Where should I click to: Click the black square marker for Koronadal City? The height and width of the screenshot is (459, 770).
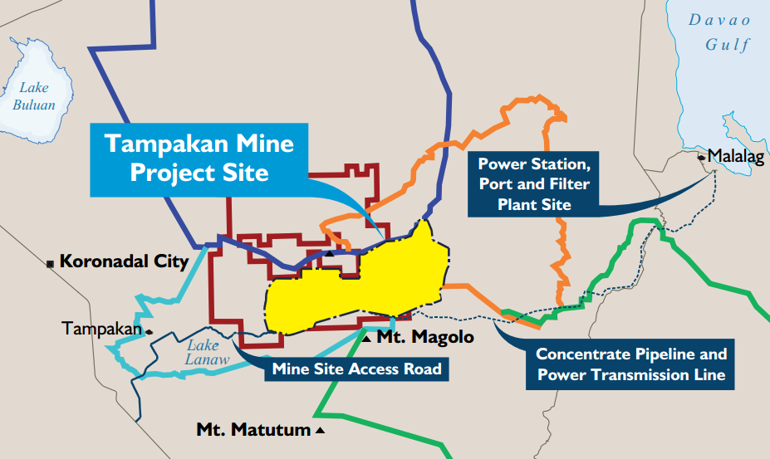(x=51, y=263)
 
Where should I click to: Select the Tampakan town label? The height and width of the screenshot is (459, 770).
(x=102, y=330)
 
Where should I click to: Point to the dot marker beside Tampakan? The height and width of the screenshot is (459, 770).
(x=149, y=331)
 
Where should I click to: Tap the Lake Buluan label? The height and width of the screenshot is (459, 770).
(x=34, y=96)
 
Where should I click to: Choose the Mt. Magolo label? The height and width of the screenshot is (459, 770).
(x=425, y=337)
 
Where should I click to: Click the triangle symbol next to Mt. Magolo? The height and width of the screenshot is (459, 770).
(x=366, y=338)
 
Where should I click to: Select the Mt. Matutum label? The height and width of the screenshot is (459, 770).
(x=253, y=430)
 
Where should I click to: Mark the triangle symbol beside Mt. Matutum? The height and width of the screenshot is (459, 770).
(x=320, y=431)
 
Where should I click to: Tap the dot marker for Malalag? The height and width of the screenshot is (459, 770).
(x=702, y=156)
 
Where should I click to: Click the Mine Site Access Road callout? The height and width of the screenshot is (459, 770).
(x=356, y=369)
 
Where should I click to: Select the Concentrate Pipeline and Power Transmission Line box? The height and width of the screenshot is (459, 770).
(x=630, y=364)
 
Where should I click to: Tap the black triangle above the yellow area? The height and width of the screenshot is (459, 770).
(x=330, y=253)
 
